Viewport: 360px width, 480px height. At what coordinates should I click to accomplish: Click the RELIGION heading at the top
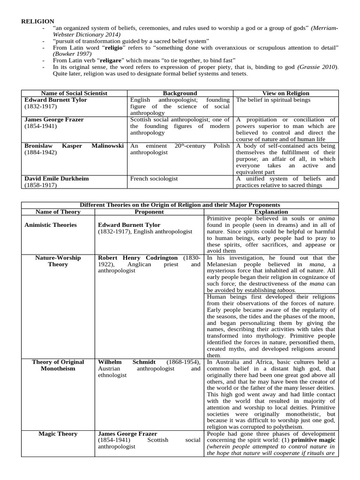pos(37,21)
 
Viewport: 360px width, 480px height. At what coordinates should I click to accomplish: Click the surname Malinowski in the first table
pos(107,146)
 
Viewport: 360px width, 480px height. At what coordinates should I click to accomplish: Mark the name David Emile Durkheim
pos(56,179)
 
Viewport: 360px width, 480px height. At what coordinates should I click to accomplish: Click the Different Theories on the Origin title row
pos(180,205)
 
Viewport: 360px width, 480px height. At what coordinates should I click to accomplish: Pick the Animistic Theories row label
pos(50,225)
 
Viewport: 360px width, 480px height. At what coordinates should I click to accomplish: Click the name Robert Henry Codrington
pos(138,258)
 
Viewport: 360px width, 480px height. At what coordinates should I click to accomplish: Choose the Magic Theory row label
pos(58,434)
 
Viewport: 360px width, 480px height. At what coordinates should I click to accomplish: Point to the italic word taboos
pos(285,290)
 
